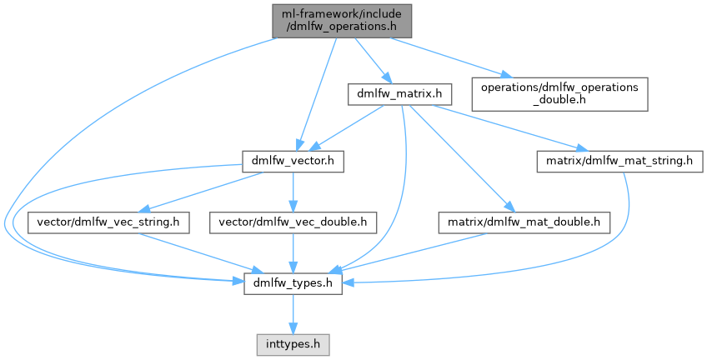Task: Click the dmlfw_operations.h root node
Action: click(342, 19)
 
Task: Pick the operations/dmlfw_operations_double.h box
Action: click(560, 94)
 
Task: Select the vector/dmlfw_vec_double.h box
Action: click(293, 222)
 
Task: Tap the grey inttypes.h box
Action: click(293, 342)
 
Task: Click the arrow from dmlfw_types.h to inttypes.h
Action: click(293, 314)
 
